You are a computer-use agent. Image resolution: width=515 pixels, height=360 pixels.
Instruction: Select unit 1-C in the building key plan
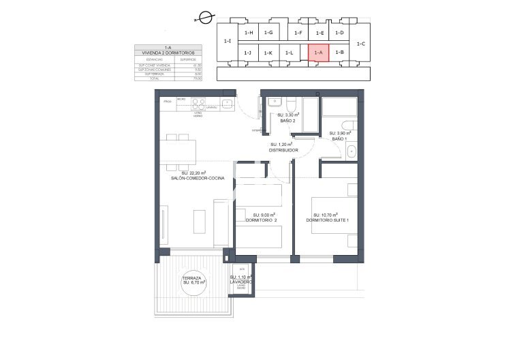tap(361, 44)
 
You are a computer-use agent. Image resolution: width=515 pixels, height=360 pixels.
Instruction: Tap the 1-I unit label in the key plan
tap(227, 41)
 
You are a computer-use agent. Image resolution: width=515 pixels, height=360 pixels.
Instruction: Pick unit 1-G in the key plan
tap(268, 33)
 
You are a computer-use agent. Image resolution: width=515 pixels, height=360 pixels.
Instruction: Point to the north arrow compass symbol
tap(204, 20)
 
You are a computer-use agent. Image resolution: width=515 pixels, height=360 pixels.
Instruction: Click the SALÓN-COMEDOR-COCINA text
tap(198, 179)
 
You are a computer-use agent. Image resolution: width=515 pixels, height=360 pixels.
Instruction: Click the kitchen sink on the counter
tap(228, 104)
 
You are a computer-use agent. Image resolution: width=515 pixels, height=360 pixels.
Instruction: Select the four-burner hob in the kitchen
tap(199, 104)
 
